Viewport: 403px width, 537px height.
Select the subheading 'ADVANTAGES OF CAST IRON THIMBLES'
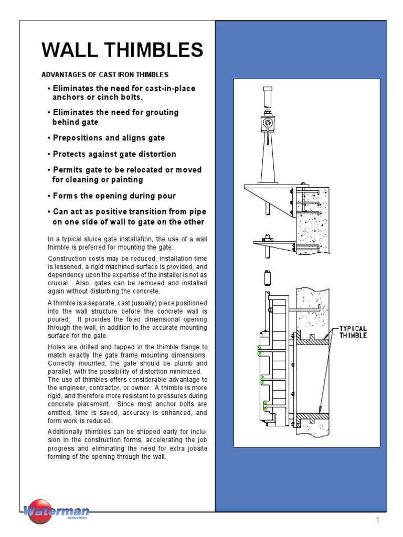click(105, 75)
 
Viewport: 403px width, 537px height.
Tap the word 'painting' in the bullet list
click(125, 179)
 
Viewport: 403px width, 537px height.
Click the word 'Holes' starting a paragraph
click(57, 347)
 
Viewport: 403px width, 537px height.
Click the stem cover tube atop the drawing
click(268, 96)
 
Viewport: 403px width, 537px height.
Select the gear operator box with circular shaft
click(268, 124)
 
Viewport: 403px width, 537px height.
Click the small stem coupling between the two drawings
click(267, 277)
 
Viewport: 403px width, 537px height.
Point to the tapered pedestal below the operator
click(268, 160)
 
